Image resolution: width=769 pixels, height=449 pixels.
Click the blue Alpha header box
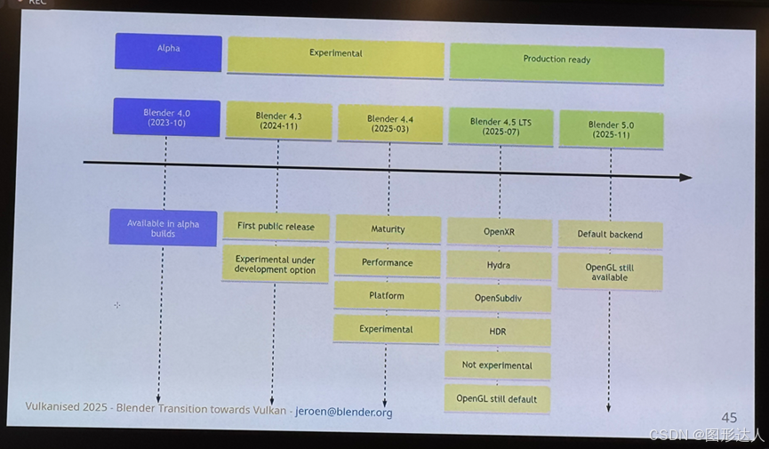168,52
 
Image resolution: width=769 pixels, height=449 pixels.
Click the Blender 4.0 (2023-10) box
166,117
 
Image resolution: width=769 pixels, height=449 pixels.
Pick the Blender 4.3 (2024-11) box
278,121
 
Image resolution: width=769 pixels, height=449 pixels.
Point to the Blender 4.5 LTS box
501,126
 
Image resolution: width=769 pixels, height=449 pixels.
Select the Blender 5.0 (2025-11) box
610,129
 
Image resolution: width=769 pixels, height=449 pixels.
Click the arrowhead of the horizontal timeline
685,178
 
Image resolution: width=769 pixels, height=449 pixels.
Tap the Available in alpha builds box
163,228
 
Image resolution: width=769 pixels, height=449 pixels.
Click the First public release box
276,227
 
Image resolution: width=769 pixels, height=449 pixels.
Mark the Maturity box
388,229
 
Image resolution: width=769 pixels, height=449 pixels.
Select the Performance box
387,263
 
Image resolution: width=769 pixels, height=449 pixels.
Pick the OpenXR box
499,232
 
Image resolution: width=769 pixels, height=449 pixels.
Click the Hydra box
498,266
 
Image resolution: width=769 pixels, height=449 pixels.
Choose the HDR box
498,332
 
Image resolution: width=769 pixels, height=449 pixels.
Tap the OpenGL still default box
497,398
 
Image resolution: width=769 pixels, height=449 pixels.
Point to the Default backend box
609,235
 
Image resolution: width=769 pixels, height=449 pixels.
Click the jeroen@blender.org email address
343,413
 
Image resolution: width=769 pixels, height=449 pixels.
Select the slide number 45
729,417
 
